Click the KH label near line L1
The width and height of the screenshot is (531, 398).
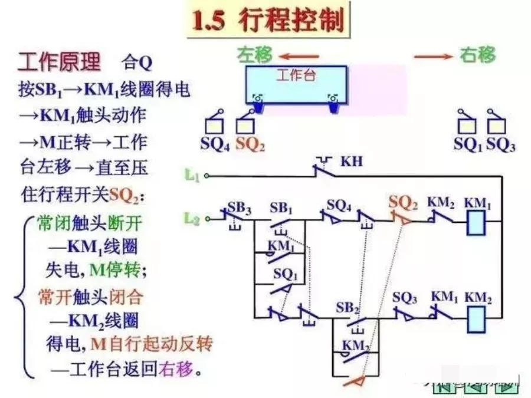tap(352, 160)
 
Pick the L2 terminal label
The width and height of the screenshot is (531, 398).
tap(192, 219)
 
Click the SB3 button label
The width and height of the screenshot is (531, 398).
tap(239, 208)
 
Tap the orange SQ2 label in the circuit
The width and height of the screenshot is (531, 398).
tap(404, 203)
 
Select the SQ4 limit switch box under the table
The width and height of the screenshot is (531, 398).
tap(214, 126)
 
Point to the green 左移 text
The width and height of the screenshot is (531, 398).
tap(255, 55)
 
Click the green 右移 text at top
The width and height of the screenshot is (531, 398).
tap(477, 55)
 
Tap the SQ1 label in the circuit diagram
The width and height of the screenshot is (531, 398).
tap(285, 275)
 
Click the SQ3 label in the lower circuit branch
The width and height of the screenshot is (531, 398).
tap(405, 298)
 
